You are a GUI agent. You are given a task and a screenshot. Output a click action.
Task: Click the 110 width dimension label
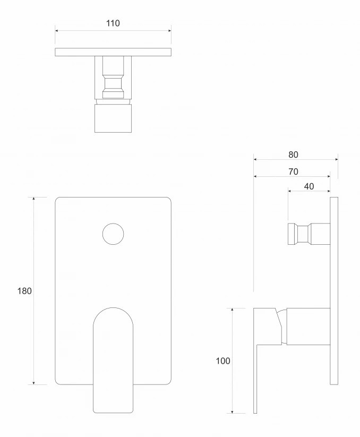[x=113, y=23]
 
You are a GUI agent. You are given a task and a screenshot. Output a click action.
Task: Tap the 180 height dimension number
[x=24, y=291]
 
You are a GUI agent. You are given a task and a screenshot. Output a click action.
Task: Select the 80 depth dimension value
[x=293, y=155]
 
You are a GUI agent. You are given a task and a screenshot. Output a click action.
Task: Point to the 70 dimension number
[x=293, y=172]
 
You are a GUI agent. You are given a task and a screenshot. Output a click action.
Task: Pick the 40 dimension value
[x=308, y=186]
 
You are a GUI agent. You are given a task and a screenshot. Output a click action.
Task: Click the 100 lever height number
[x=223, y=361]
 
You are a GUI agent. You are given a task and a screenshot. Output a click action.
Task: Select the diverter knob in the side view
[x=308, y=234]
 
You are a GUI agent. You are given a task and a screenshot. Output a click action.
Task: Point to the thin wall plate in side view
[x=334, y=291]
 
